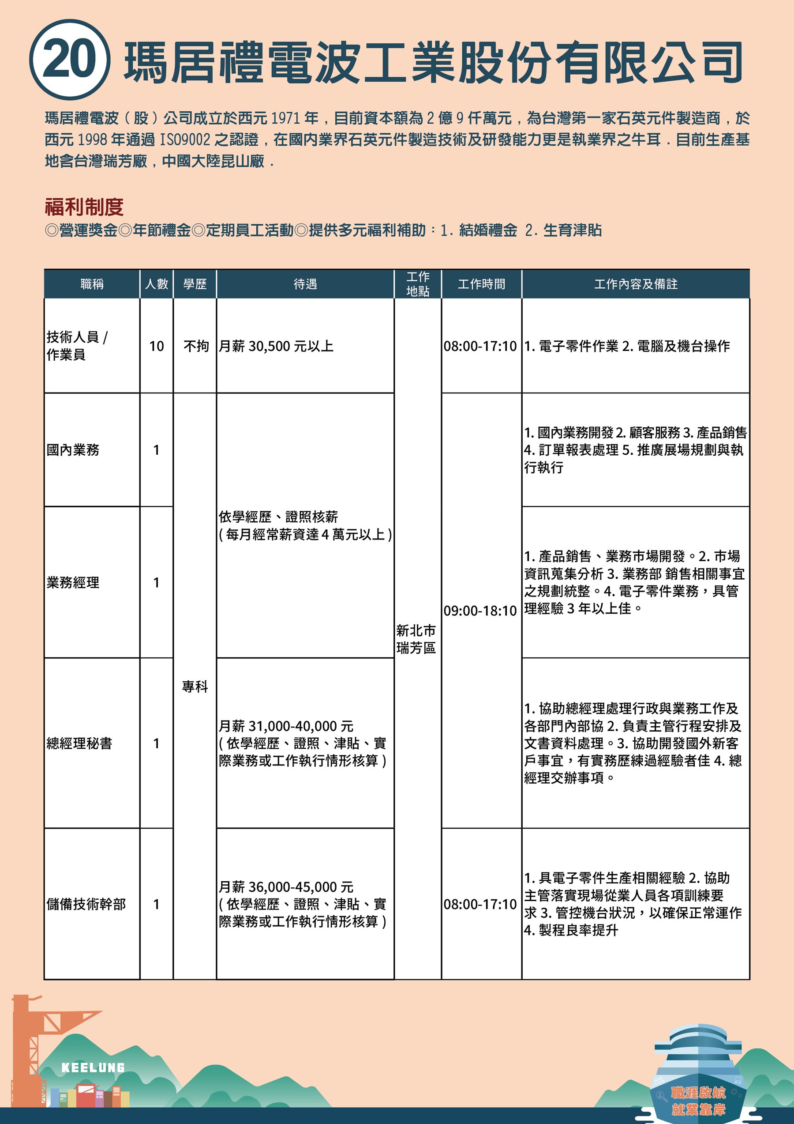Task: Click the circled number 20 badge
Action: (69, 60)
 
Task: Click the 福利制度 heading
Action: (84, 207)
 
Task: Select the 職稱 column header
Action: (92, 284)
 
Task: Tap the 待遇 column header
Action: (305, 284)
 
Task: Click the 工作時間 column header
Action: (481, 284)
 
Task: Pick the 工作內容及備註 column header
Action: (636, 284)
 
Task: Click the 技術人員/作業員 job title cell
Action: (77, 346)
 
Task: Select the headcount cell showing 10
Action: (157, 346)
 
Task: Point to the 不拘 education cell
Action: (195, 346)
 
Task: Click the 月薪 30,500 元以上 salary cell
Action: (276, 346)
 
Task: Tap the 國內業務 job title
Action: (73, 450)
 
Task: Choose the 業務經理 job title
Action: (73, 583)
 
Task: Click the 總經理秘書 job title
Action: (79, 743)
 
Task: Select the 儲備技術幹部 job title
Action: (86, 904)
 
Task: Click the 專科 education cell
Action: (195, 687)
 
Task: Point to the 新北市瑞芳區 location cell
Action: (416, 639)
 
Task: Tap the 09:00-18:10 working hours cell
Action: (480, 611)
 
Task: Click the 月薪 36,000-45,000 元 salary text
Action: (286, 886)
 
